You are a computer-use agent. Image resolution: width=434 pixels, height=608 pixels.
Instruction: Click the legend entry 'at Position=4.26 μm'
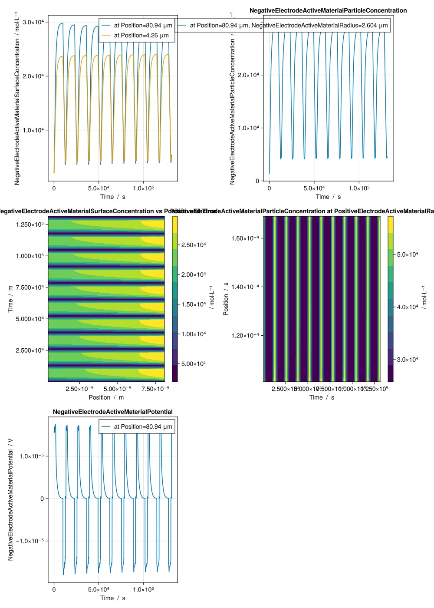(141, 36)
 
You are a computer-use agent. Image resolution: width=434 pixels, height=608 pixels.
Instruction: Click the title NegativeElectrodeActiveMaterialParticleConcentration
(328, 10)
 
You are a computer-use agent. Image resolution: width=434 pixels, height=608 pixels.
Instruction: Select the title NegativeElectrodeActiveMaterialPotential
(113, 412)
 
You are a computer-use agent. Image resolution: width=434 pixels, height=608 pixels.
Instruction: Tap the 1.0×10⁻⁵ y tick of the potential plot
(31, 456)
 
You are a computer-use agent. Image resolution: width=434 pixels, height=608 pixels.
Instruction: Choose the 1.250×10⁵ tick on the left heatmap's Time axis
(30, 224)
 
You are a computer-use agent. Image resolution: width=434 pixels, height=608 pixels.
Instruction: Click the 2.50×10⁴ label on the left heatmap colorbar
(194, 245)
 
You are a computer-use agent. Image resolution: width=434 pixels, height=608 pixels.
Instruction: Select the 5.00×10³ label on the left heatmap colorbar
(194, 364)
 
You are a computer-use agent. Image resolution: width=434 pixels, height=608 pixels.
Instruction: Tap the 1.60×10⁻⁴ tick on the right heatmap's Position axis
(245, 238)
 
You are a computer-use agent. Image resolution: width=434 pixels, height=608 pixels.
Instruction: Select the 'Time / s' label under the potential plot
(113, 598)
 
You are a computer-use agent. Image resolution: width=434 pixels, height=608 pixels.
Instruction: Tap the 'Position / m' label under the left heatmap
(106, 397)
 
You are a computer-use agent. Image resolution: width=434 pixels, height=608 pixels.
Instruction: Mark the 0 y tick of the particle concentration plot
(257, 181)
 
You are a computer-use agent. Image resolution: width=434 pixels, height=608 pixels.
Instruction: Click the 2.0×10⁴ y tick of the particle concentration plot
(248, 75)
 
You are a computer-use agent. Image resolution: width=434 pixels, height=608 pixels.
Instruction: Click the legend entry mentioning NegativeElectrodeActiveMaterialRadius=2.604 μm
(289, 26)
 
